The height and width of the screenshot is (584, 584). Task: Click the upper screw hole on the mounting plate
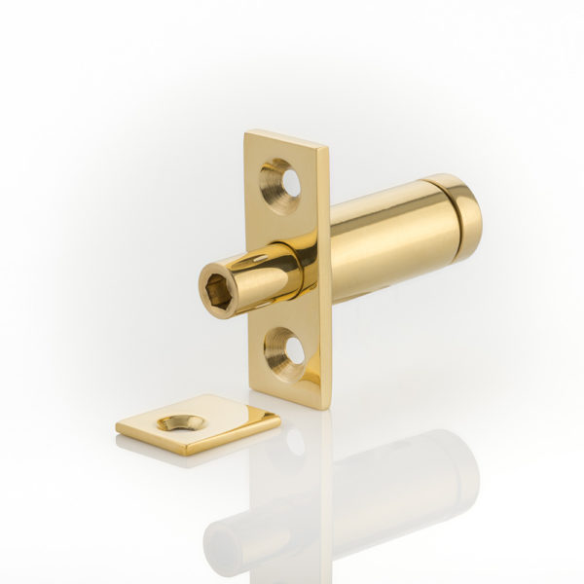click(282, 184)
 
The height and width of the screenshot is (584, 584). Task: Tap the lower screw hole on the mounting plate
click(284, 352)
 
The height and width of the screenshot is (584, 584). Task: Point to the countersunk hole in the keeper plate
click(181, 422)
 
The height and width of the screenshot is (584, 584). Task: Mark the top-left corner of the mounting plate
click(246, 133)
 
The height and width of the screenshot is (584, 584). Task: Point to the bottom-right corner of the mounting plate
click(326, 408)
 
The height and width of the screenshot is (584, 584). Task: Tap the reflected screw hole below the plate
click(292, 443)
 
